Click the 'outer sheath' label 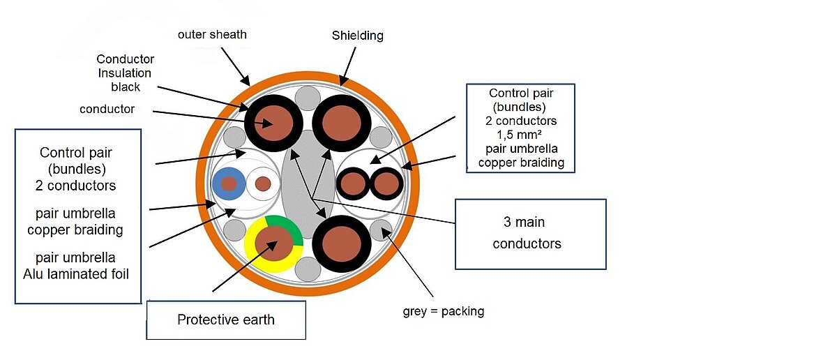pos(212,34)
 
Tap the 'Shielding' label pos(357,36)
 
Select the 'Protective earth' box pos(226,320)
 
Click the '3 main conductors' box pos(530,234)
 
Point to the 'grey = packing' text pos(444,311)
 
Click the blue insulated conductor pos(229,183)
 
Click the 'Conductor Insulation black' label pos(126,73)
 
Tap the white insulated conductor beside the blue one pos(263,184)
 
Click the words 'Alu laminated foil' pos(76,273)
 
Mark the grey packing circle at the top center pos(308,98)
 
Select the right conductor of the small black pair pos(386,184)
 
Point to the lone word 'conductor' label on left pos(107,109)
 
